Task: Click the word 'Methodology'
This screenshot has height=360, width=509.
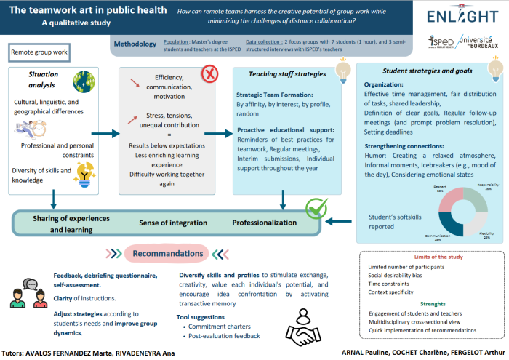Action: (x=136, y=44)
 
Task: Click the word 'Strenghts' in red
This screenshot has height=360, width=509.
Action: (x=433, y=304)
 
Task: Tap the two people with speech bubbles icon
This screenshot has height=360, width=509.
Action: (x=27, y=292)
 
